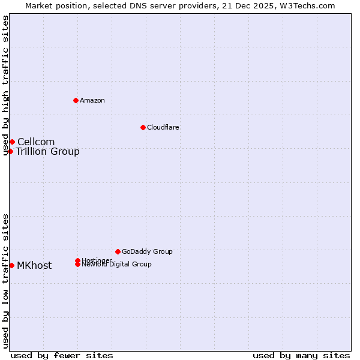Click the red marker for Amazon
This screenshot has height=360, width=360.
(x=76, y=100)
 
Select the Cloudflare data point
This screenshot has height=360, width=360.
(x=143, y=127)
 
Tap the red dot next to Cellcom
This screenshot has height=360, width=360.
(x=12, y=142)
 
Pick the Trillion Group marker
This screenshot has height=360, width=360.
(x=10, y=151)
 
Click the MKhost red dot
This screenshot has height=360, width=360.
(x=11, y=265)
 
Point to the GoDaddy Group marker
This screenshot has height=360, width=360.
(x=118, y=251)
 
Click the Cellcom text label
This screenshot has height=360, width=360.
(x=36, y=142)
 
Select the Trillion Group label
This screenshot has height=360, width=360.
(x=47, y=151)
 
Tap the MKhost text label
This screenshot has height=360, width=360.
(x=34, y=265)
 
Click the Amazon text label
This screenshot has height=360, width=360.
(x=92, y=100)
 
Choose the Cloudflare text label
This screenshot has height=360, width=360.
(x=163, y=127)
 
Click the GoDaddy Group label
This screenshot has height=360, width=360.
(x=147, y=251)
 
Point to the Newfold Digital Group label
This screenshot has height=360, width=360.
(x=116, y=265)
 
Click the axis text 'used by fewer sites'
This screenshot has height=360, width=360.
(x=62, y=355)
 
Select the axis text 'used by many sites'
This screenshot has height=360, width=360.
(x=301, y=355)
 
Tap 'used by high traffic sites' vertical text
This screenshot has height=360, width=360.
(x=6, y=86)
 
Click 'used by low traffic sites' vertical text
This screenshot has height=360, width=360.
(x=6, y=280)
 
